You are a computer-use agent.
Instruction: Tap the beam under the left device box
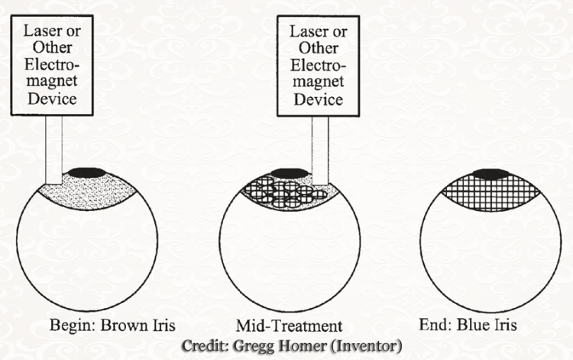[x=53, y=149]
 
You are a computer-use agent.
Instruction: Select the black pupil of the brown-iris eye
[x=86, y=172]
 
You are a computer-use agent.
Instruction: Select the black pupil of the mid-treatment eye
[x=286, y=172]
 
